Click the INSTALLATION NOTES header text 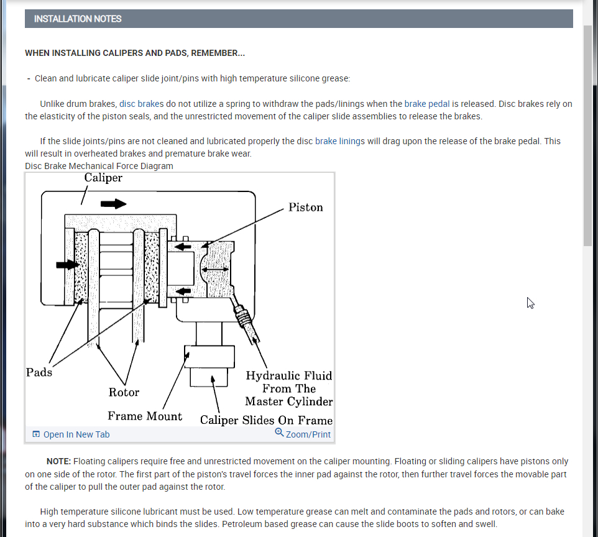[78, 19]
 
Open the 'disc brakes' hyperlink [141, 104]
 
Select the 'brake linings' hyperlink [340, 141]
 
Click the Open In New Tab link [76, 434]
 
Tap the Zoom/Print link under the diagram [308, 434]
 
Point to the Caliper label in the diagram [103, 178]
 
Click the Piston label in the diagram [305, 208]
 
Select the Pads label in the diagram [39, 372]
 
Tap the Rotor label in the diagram [124, 392]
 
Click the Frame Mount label [145, 416]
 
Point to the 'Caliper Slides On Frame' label [266, 420]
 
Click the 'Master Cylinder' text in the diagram [288, 402]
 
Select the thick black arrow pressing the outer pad [67, 265]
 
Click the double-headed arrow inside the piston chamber [214, 269]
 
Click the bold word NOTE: [59, 462]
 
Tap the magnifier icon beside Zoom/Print [279, 433]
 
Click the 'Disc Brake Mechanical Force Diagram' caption [99, 166]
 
